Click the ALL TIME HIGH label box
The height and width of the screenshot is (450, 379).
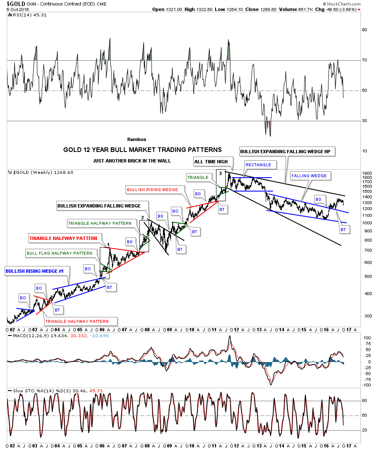(211, 162)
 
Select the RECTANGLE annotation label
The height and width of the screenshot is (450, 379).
(259, 165)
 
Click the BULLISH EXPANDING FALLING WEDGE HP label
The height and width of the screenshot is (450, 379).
(287, 151)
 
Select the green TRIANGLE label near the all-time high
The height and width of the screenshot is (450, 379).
(198, 177)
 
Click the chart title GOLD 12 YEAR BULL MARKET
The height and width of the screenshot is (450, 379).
(142, 149)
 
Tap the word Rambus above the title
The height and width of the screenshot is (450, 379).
(136, 139)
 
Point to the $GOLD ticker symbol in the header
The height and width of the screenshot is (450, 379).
(16, 3)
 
